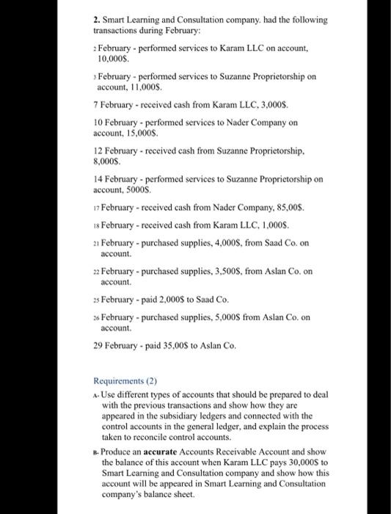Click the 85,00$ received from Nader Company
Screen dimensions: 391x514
pyautogui.click(x=285, y=207)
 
